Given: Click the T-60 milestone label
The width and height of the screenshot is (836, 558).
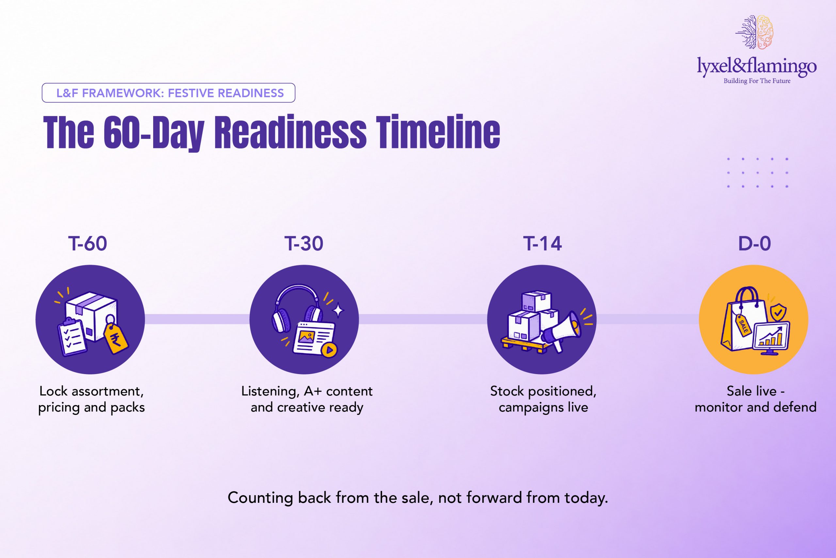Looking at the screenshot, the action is (x=88, y=243).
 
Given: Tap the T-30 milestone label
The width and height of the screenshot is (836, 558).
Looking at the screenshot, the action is (x=304, y=243).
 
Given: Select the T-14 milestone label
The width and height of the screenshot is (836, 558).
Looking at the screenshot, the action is (x=542, y=243).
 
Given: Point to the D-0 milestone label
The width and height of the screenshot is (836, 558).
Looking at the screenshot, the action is (x=754, y=243).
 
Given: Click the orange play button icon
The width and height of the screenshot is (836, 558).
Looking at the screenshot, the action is (x=330, y=350).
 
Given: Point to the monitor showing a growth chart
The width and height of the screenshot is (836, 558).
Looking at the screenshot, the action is (x=771, y=338).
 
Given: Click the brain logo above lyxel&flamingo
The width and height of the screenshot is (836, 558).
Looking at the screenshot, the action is (x=754, y=32).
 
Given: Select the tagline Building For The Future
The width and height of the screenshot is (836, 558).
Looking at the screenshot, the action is (x=757, y=81).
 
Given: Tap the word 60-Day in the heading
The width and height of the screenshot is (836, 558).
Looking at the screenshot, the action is (x=154, y=132).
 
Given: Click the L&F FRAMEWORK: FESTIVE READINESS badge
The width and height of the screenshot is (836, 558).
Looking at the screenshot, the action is (x=168, y=93).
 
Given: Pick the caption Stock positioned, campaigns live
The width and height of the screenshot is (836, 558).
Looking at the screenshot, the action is (x=543, y=399).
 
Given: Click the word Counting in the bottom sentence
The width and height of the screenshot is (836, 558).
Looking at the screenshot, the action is (x=260, y=498).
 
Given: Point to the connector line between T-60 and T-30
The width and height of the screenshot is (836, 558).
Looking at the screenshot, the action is (x=197, y=319).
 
